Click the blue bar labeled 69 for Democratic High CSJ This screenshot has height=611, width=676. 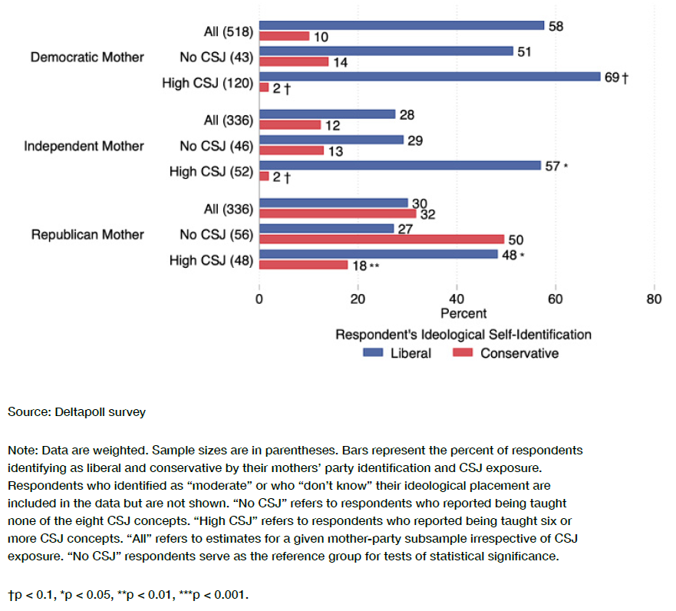pos(430,77)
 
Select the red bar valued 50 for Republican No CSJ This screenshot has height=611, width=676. pos(381,239)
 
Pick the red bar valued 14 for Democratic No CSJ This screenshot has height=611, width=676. pos(294,61)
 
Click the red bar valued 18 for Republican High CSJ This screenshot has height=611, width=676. pos(303,265)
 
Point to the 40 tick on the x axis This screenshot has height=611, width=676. pos(457,299)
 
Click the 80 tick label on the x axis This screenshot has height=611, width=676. pos(654,299)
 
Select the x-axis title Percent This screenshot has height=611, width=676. pos(463,314)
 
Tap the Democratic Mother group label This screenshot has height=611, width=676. pos(87,58)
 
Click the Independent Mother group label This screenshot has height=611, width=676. pos(84,146)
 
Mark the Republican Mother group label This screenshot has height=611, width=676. pos(87,234)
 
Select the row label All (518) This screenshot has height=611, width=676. pos(223,31)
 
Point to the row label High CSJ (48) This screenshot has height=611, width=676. pos(211,260)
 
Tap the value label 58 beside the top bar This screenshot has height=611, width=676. pos(556,25)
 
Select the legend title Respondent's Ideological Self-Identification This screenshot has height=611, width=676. pos(463,335)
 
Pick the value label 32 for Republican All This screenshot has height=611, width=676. pos(427,215)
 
